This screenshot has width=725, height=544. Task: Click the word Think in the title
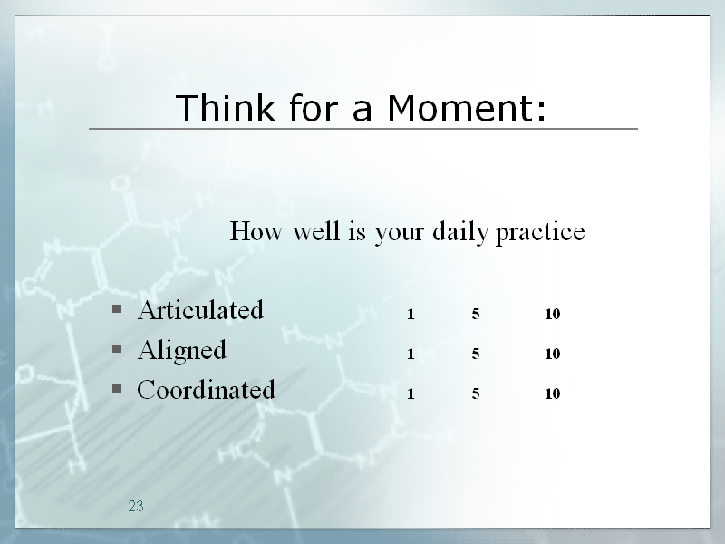tap(225, 108)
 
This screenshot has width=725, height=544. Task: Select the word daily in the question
tap(460, 231)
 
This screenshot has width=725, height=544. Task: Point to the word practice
tap(540, 232)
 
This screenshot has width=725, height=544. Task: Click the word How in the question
tap(256, 231)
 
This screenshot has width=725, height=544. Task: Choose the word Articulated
tap(200, 309)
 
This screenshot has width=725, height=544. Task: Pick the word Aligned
tap(182, 350)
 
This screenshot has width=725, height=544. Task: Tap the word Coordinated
tap(206, 390)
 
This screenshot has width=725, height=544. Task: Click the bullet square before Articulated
tap(117, 308)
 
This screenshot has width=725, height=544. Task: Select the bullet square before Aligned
tap(117, 348)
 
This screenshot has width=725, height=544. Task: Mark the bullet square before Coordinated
tap(117, 388)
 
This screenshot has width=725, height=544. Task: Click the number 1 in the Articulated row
tap(411, 314)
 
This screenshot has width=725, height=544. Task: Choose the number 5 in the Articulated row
tap(475, 314)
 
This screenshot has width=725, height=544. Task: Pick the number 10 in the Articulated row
tap(553, 314)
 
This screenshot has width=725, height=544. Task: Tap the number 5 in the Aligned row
tap(475, 354)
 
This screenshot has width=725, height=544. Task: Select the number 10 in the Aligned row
tap(553, 354)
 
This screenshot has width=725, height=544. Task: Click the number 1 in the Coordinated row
tap(411, 393)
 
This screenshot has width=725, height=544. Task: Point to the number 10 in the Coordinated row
tap(553, 393)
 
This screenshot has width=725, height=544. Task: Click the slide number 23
tap(136, 507)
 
